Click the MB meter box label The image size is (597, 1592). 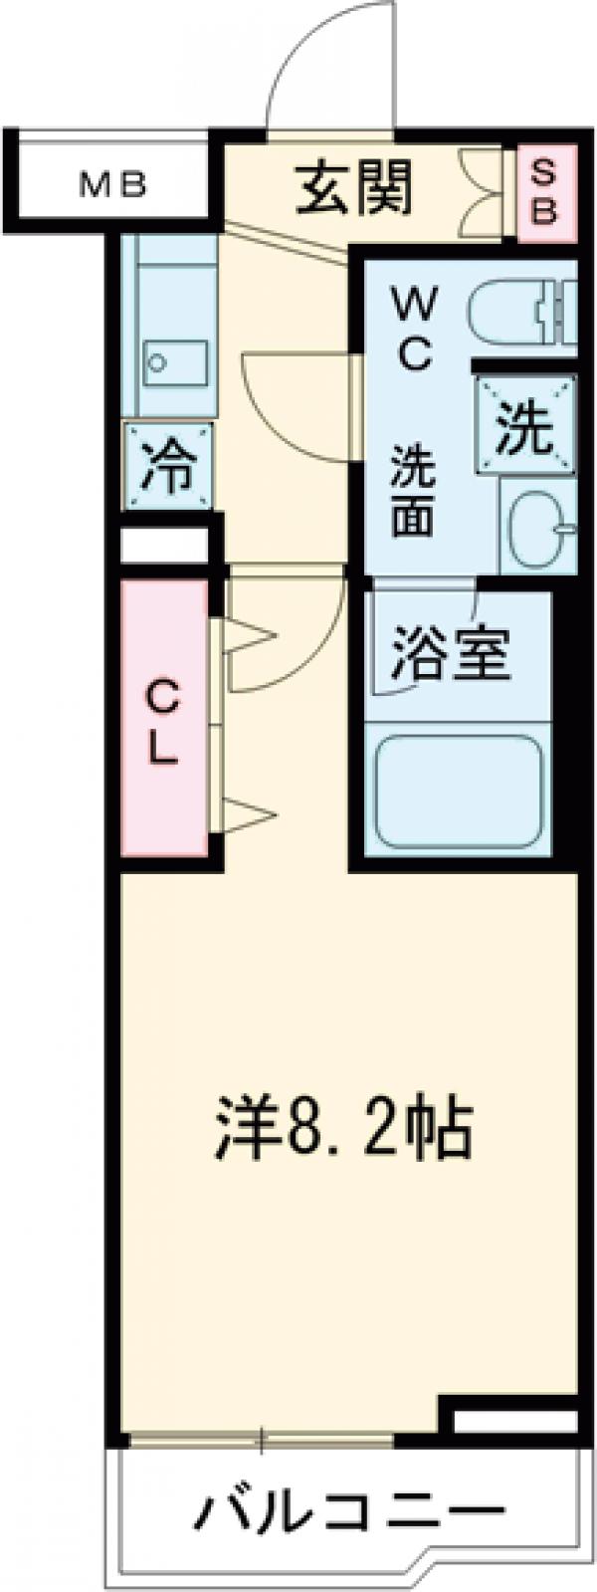[112, 184]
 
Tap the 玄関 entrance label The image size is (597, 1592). [353, 188]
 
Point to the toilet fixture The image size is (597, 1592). [521, 314]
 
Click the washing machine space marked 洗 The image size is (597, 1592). [524, 428]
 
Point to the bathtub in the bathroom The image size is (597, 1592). [458, 791]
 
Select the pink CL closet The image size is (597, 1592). [165, 718]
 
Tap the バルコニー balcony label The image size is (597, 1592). [348, 1515]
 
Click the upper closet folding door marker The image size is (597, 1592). [247, 637]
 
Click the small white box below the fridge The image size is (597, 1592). [164, 546]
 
